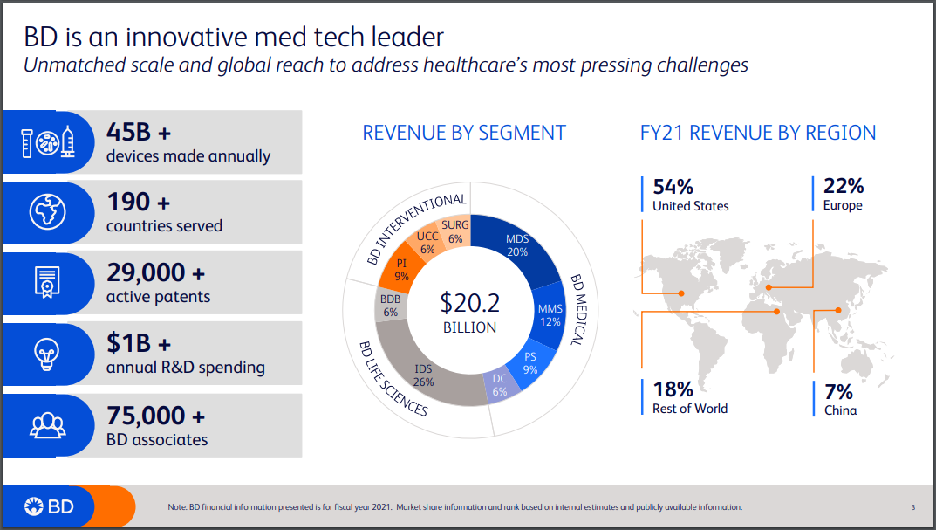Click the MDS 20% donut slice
(x=518, y=246)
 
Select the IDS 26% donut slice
(x=423, y=375)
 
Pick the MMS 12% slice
(x=550, y=315)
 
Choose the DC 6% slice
(x=499, y=385)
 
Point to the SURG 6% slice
(x=455, y=231)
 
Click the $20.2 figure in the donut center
(x=469, y=303)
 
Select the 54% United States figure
(x=673, y=186)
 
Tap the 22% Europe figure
(x=843, y=186)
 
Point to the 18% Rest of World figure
(x=673, y=389)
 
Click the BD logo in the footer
(x=49, y=506)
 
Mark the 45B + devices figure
(x=139, y=132)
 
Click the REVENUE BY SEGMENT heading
(x=464, y=133)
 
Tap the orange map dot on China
(x=837, y=309)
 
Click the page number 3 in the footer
(x=912, y=507)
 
